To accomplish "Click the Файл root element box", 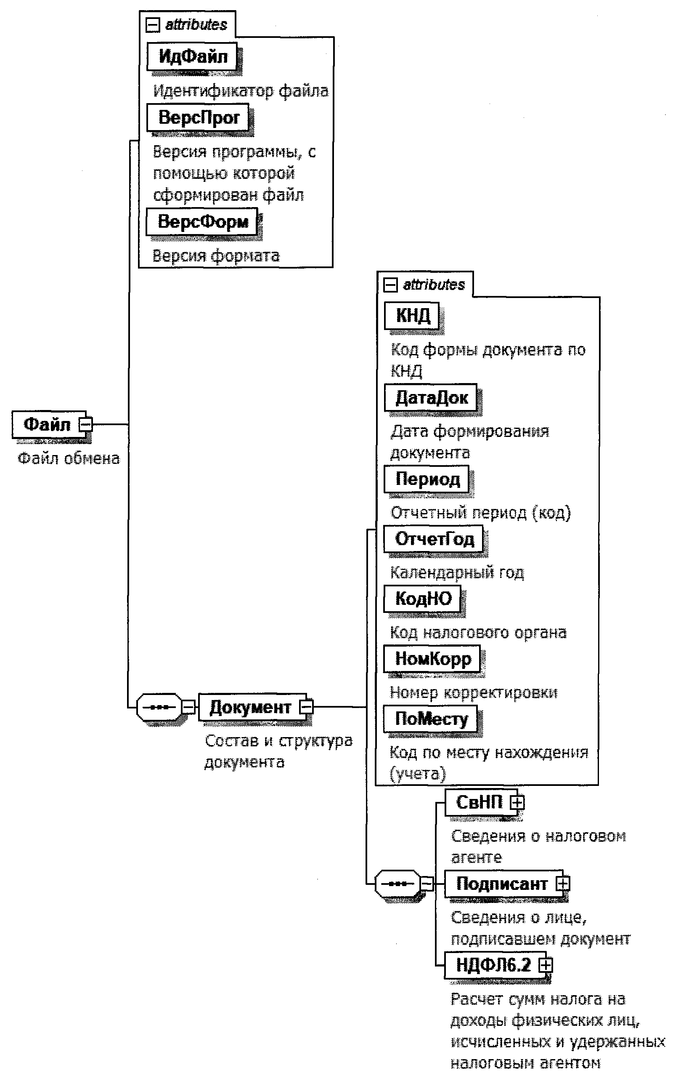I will pos(47,424).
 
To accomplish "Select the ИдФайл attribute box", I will pos(192,56).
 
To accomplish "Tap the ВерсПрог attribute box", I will pos(199,117).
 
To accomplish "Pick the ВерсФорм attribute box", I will pos(202,221).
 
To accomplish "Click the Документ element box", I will pos(250,707).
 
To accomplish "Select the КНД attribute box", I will pos(412,316).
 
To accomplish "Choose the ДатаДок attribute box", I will pos(431,397).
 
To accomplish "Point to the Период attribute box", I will pos(427,479).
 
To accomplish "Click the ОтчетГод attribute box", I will pos(434,539).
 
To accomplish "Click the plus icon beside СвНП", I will pos(517,802).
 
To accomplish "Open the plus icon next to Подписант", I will pos(563,884).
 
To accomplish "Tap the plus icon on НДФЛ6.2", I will pos(546,965).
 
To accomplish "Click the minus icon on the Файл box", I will pos(85,424).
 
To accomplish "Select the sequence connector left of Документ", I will pos(159,707).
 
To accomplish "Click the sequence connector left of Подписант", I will pos(397,884).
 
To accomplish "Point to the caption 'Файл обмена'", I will pos(69,458).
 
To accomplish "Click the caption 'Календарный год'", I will pos(457,573).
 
